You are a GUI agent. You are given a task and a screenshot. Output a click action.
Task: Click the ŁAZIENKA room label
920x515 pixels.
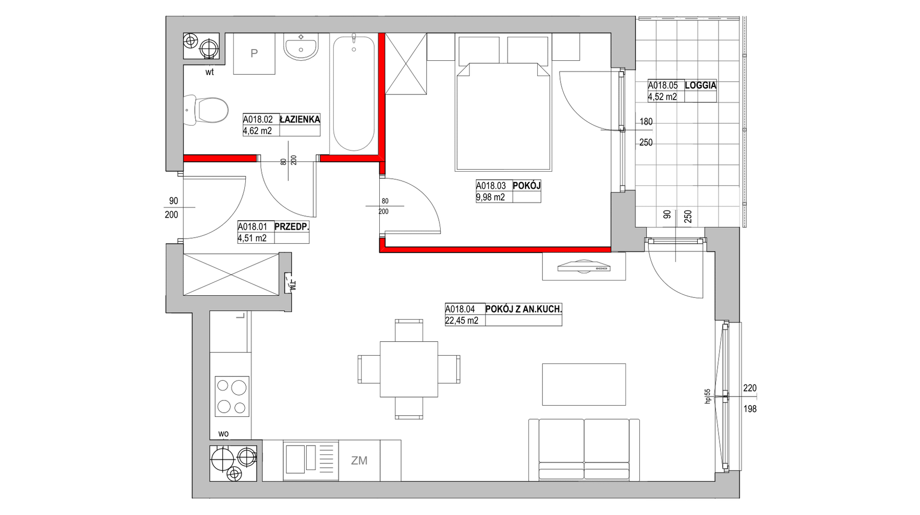point(300,119)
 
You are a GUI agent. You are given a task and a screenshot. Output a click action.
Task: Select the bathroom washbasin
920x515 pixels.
point(301,47)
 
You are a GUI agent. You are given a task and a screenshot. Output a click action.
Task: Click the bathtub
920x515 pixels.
point(353,93)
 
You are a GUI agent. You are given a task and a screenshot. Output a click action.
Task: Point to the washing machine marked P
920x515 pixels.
point(254,54)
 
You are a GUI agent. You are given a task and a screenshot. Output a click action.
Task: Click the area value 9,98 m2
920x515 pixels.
point(490,197)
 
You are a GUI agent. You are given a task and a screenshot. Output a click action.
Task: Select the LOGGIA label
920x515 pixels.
point(700,85)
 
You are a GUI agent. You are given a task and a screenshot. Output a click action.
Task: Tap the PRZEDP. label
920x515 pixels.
point(292,226)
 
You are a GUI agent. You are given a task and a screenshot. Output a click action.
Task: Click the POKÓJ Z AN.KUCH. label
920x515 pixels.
point(523,309)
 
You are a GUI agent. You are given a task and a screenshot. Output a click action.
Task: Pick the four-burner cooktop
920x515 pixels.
point(232,395)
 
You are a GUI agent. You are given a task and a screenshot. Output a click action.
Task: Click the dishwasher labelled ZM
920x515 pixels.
point(359,461)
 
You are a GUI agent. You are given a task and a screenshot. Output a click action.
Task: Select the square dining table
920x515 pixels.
point(409,369)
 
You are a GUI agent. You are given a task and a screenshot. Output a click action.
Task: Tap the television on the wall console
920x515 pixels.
point(584,266)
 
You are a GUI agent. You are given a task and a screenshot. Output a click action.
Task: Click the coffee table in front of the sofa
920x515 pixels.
point(584,384)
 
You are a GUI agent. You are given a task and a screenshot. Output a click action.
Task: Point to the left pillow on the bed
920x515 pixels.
point(479,50)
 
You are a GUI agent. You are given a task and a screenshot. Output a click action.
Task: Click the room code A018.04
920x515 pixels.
point(460,309)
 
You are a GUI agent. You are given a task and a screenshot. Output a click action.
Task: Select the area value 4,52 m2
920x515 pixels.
point(662,97)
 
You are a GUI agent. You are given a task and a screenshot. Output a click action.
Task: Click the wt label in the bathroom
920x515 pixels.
point(210,72)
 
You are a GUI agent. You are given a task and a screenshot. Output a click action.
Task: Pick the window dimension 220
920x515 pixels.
point(750,388)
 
